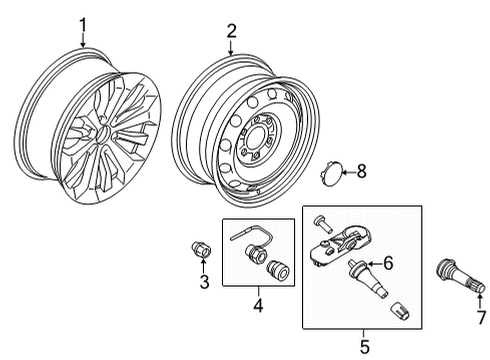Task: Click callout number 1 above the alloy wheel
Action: click(84, 23)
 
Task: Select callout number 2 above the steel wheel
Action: click(231, 31)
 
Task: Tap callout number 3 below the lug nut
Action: click(203, 282)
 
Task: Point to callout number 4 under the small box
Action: click(258, 302)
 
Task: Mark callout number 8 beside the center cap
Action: click(362, 172)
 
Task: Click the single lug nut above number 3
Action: click(199, 250)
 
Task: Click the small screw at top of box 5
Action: click(321, 221)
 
